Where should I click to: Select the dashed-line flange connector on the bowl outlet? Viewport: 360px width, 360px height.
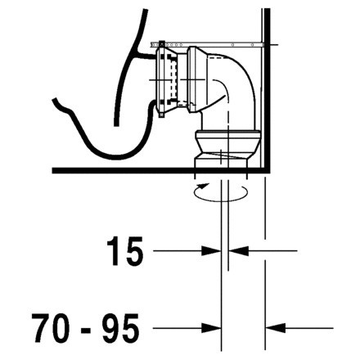point(169,78)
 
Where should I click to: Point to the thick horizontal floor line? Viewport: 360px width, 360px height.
point(123,169)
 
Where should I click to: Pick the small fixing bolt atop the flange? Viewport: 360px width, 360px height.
point(162,42)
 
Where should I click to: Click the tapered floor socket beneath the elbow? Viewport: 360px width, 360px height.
point(223,155)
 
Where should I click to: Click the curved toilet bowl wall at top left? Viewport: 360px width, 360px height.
point(131,41)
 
